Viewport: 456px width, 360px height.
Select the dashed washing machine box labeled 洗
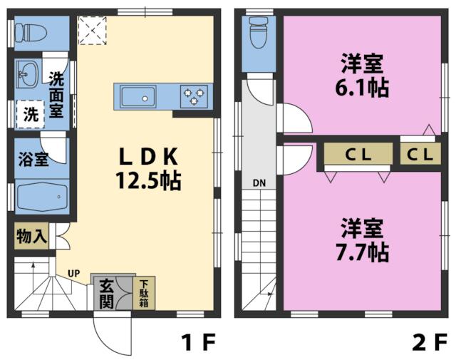coord(30,113)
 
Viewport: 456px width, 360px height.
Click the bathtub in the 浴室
coord(42,197)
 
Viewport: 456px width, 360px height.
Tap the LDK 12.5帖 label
coord(148,168)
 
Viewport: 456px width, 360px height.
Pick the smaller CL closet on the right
coord(420,153)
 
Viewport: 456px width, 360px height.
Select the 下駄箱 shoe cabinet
coord(142,292)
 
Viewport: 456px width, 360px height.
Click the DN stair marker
coord(259,182)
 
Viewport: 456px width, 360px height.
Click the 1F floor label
coord(197,343)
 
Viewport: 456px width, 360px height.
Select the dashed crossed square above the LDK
coord(92,31)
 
